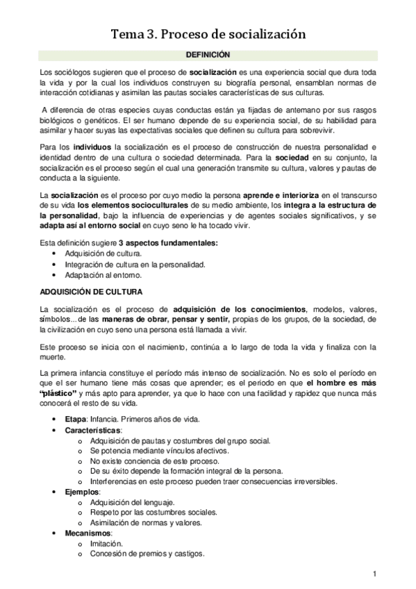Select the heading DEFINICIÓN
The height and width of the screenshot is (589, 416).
pyautogui.click(x=208, y=54)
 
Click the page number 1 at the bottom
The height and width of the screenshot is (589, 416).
pyautogui.click(x=374, y=573)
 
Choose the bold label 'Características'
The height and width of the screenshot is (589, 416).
pyautogui.click(x=92, y=431)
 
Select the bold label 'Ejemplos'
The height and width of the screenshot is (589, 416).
pyautogui.click(x=81, y=491)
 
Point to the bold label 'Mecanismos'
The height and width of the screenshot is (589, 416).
pyautogui.click(x=86, y=532)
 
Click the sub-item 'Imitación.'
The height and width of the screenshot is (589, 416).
pyautogui.click(x=106, y=543)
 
